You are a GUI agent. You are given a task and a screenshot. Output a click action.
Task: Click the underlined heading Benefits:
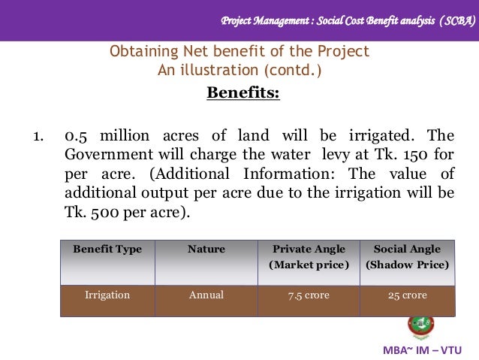pos(243,93)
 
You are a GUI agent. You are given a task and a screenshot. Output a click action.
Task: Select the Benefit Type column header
pos(107,250)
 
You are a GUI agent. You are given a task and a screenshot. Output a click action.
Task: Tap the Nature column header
pos(206,250)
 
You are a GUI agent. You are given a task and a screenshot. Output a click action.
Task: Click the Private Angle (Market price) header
pos(309,257)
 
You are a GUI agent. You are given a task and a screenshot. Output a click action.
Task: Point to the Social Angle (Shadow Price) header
pos(407,257)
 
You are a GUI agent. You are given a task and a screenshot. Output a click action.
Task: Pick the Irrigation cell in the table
pos(107,295)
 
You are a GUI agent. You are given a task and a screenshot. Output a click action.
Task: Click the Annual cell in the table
pos(206,295)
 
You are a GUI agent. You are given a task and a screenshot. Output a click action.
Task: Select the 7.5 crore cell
pos(309,295)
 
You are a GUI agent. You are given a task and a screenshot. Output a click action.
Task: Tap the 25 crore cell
pos(407,295)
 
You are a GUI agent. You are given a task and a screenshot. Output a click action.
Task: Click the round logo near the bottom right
pos(421,326)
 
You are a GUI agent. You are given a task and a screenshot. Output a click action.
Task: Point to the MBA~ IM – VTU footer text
pos(423,350)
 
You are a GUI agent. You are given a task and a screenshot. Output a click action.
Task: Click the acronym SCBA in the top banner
pos(453,21)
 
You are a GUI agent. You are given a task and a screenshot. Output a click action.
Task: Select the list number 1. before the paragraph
pos(37,137)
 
